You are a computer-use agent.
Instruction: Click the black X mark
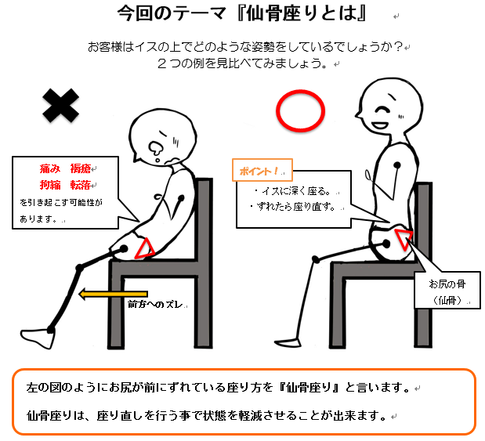point(60,106)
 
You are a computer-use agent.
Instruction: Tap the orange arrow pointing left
point(113,294)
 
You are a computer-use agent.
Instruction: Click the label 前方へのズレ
point(155,304)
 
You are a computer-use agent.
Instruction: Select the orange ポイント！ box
point(262,170)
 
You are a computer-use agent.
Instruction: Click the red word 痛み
point(50,168)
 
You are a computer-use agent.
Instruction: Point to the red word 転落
point(80,185)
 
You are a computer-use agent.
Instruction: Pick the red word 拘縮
point(50,185)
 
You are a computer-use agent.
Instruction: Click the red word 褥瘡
point(80,168)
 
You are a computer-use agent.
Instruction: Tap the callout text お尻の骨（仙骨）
point(447,292)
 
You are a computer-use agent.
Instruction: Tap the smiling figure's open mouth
point(380,125)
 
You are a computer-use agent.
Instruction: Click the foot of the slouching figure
point(37,338)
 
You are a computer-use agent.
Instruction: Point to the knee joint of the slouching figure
point(79,268)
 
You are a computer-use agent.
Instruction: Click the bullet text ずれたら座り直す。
point(293,207)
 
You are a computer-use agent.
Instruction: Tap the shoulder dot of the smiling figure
point(396,164)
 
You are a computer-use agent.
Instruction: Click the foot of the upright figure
point(288,342)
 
